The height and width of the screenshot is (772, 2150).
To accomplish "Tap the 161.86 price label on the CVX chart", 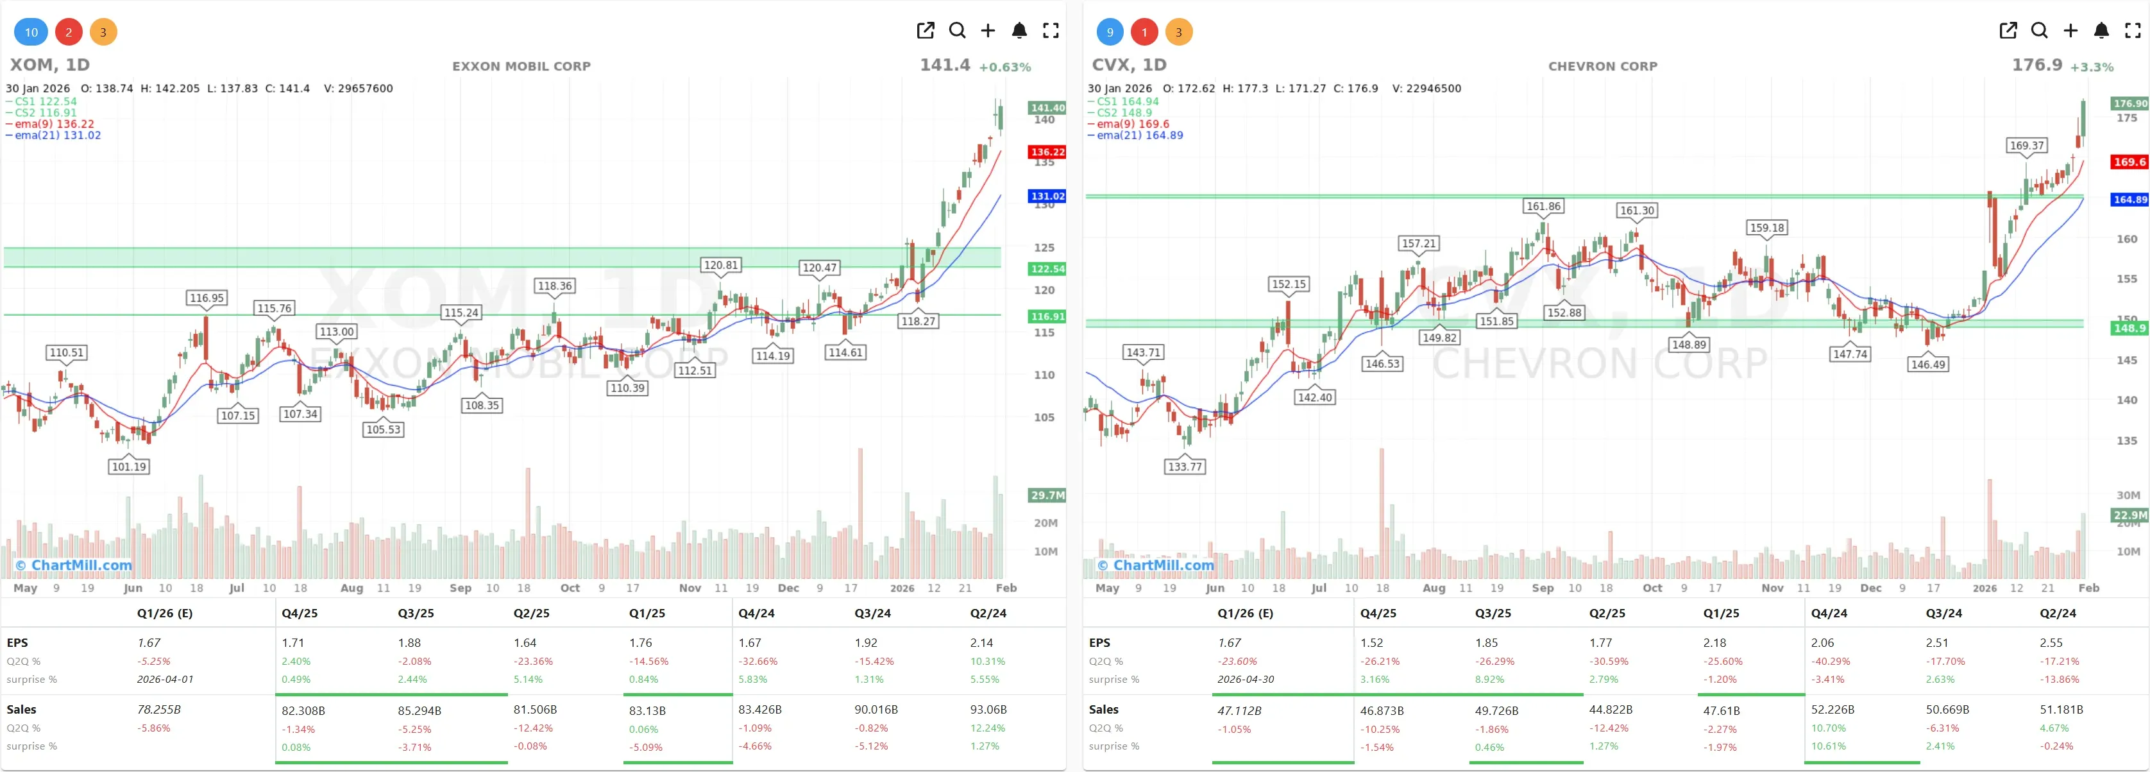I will (x=1543, y=206).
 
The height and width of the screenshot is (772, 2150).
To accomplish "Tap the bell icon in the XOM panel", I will (x=1019, y=31).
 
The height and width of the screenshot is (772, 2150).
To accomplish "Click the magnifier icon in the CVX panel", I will (x=2039, y=31).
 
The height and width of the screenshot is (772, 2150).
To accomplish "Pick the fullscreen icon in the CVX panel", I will (x=2133, y=31).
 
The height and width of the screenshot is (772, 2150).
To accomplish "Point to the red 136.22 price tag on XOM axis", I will (x=1047, y=152).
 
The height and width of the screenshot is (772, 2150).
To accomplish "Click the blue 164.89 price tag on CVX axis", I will (x=2129, y=200).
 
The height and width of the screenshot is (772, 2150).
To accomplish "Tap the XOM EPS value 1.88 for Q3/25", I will (x=409, y=642).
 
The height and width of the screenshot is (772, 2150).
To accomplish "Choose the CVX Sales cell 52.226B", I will (x=1832, y=709).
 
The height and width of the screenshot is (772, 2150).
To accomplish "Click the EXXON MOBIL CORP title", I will (x=521, y=66).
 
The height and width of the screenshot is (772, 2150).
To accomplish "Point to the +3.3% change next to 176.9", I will (x=2092, y=67).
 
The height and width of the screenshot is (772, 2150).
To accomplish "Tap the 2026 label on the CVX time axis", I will (x=1984, y=588).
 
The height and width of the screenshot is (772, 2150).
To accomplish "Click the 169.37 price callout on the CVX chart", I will (x=2026, y=145).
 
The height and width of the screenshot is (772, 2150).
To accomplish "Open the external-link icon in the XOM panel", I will (x=925, y=31).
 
